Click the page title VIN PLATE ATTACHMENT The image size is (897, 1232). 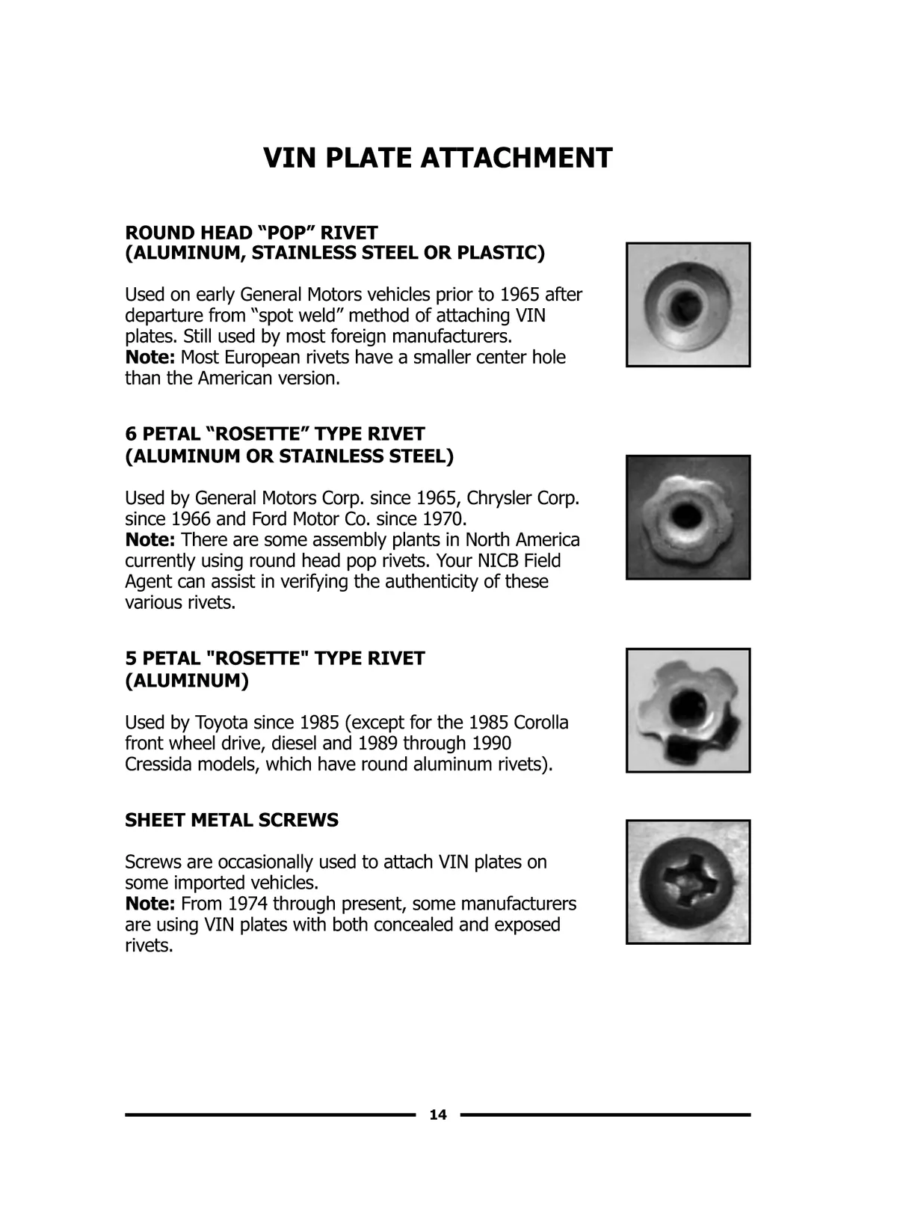(438, 158)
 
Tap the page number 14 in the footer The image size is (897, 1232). (438, 1115)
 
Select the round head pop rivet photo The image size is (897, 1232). (688, 304)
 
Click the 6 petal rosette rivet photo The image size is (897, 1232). (688, 517)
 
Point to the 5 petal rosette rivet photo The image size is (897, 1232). (688, 710)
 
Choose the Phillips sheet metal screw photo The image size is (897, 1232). (688, 881)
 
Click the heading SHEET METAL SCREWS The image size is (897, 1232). (232, 820)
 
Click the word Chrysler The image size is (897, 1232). (499, 497)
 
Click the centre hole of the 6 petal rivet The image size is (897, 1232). (683, 515)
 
